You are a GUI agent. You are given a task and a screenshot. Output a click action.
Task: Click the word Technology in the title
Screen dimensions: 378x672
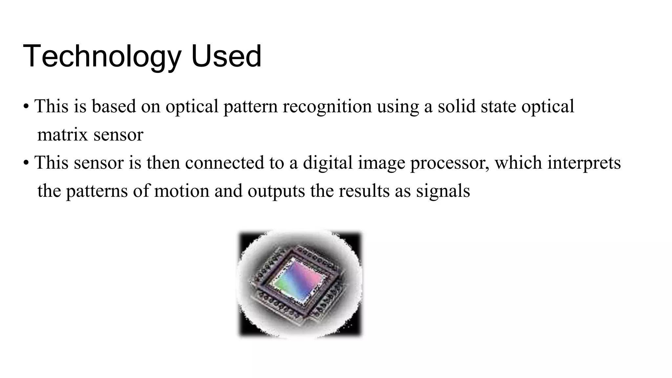tap(102, 56)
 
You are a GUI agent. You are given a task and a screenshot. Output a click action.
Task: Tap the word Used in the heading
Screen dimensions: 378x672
tap(226, 56)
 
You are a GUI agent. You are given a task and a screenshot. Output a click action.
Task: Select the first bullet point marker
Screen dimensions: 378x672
tap(26, 107)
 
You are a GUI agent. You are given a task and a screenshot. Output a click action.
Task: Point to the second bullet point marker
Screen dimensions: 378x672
tap(26, 163)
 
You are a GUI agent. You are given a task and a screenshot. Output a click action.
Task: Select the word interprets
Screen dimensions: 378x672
tap(584, 163)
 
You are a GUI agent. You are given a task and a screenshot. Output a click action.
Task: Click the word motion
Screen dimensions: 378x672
tap(181, 191)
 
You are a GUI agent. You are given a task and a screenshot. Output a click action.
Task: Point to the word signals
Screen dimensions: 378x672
tap(443, 191)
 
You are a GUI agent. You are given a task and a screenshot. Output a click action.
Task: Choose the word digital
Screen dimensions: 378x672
tap(327, 163)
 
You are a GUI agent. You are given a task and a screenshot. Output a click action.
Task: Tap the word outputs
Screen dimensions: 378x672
tap(276, 191)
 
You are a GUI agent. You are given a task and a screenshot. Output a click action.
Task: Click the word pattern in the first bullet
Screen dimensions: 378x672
tap(250, 107)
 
